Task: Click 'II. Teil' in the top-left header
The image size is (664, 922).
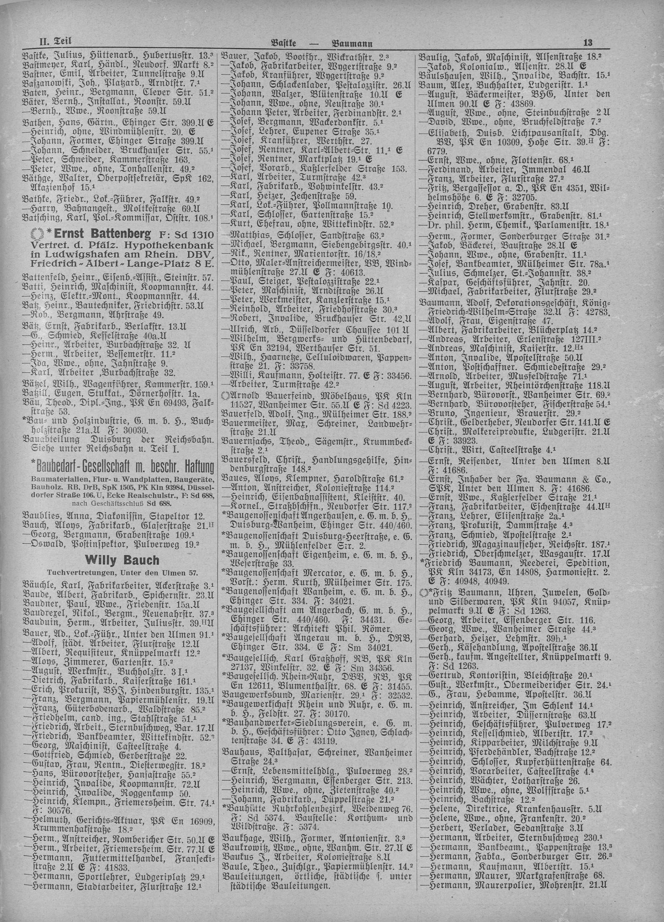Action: [x=55, y=41]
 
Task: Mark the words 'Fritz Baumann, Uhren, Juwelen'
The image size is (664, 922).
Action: [x=488, y=592]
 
